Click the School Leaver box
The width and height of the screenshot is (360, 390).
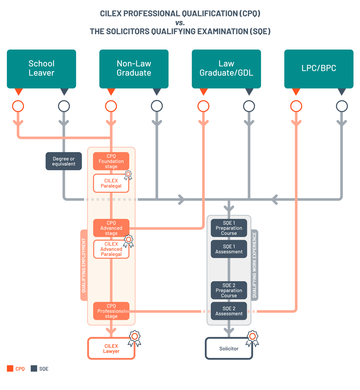point(41,69)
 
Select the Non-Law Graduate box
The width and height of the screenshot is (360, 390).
point(134,69)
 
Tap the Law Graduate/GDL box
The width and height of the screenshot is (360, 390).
point(226,69)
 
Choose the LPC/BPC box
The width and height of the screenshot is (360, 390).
point(319,69)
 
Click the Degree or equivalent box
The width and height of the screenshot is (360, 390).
point(63,161)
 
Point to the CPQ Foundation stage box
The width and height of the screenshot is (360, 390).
point(111,161)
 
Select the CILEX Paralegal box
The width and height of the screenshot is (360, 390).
point(111,183)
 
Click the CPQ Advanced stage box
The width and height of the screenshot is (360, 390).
point(111,228)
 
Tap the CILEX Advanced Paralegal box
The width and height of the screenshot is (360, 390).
point(111,249)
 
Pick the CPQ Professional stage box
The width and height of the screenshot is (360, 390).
point(111,311)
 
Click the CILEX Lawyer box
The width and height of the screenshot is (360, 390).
point(111,349)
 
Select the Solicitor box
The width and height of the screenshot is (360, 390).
point(229,349)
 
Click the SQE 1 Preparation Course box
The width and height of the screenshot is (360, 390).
point(229,228)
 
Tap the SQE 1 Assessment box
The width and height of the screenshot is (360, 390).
point(229,249)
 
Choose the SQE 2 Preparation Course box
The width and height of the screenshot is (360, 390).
point(229,290)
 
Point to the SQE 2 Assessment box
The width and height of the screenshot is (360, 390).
point(229,311)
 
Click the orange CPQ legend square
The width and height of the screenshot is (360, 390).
point(10,368)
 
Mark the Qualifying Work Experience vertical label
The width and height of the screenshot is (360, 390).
point(255,265)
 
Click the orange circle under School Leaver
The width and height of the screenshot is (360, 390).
point(18,106)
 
